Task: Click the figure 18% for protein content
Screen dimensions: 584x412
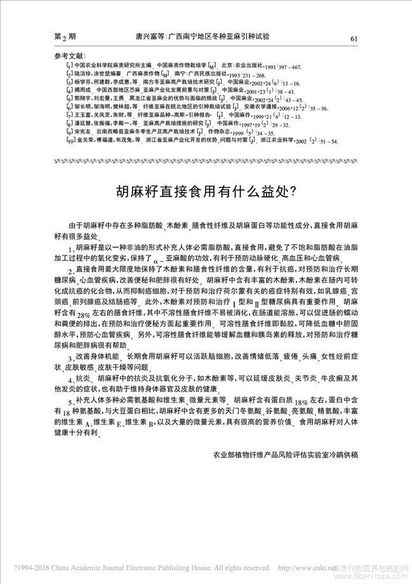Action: click(x=302, y=402)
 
